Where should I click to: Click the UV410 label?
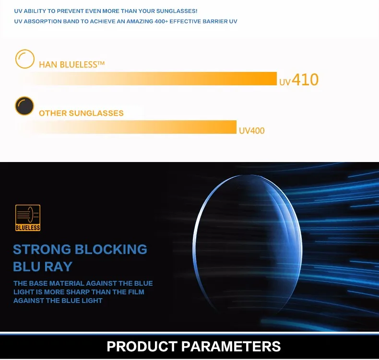click(x=299, y=80)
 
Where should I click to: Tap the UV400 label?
click(x=251, y=130)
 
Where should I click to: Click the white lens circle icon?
click(x=25, y=59)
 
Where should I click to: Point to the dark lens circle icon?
click(x=24, y=106)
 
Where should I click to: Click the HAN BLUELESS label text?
click(x=71, y=65)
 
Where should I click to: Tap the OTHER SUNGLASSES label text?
click(x=81, y=113)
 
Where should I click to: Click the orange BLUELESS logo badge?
click(x=28, y=218)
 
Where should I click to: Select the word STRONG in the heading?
click(x=42, y=249)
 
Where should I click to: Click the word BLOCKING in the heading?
click(x=111, y=249)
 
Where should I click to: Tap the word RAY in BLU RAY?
click(x=58, y=267)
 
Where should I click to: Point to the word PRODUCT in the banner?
click(x=142, y=347)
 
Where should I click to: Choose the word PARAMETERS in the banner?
click(x=231, y=347)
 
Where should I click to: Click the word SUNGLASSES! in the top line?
click(x=177, y=11)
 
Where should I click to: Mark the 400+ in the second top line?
click(x=161, y=22)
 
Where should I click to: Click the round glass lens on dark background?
click(x=248, y=244)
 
